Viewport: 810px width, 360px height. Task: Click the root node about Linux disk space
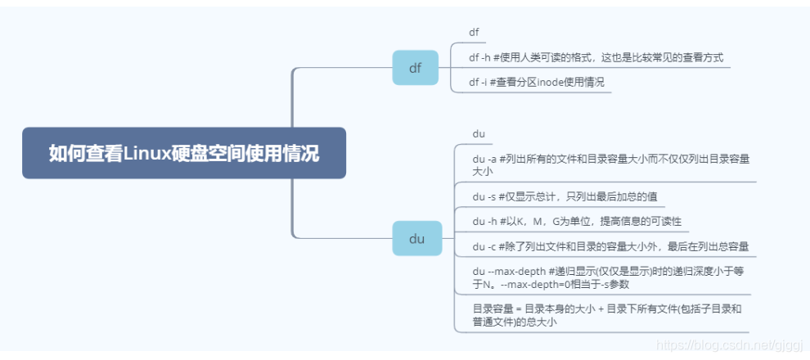tap(184, 153)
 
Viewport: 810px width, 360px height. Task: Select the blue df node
tap(416, 68)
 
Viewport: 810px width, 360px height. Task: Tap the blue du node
tap(416, 238)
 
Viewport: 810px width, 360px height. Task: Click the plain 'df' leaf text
tap(474, 33)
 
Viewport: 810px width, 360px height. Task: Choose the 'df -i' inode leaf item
tap(536, 82)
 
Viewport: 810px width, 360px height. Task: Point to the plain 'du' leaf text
tap(479, 133)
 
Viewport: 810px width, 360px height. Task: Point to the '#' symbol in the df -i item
tap(491, 82)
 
